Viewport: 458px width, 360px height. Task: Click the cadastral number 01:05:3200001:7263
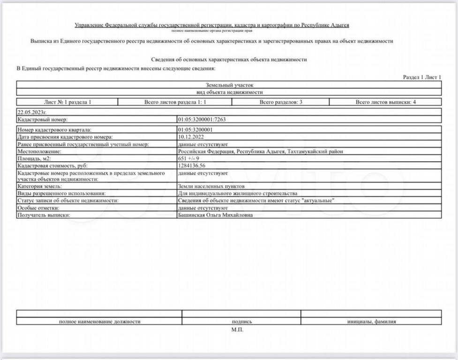pyautogui.click(x=202, y=120)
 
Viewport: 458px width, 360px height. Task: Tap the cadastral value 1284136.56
pyautogui.click(x=192, y=165)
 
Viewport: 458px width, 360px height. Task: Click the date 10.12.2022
pyautogui.click(x=191, y=137)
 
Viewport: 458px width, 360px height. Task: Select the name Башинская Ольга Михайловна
pyautogui.click(x=215, y=215)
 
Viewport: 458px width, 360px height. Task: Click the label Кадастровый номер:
pyautogui.click(x=43, y=120)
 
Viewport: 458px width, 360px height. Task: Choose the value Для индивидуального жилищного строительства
pyautogui.click(x=237, y=193)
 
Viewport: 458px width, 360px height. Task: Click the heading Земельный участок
pyautogui.click(x=229, y=85)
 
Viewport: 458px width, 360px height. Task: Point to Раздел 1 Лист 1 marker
pyautogui.click(x=422, y=77)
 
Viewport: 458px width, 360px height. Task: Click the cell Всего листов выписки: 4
pyautogui.click(x=385, y=102)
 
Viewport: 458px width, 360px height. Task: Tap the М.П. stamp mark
pyautogui.click(x=237, y=330)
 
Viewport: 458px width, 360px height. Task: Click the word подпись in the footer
pyautogui.click(x=242, y=322)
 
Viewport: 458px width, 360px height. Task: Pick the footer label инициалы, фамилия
pyautogui.click(x=371, y=322)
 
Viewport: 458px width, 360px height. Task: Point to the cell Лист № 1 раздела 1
pyautogui.click(x=68, y=102)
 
